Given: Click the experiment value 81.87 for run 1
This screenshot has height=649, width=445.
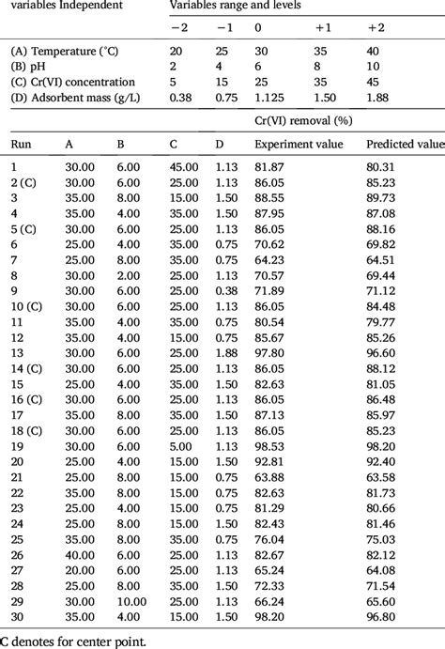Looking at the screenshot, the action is click(x=269, y=166).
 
